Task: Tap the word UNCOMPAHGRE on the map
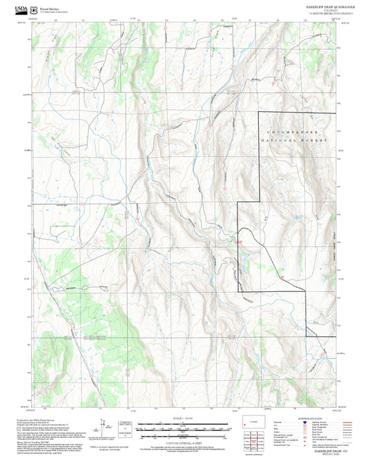297,130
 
